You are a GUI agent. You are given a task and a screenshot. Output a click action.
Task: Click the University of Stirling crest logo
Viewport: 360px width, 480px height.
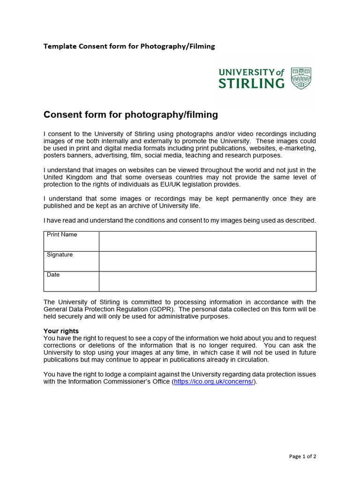coord(301,78)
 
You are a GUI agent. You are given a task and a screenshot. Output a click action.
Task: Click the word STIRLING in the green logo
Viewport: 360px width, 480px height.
coord(252,83)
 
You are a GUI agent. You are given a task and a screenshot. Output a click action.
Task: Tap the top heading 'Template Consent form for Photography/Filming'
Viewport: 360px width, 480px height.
coord(129,46)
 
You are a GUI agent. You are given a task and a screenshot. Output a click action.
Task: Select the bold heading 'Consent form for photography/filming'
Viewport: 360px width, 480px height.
coord(131,114)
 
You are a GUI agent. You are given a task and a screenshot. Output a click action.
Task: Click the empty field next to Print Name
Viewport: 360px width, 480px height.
coord(207,241)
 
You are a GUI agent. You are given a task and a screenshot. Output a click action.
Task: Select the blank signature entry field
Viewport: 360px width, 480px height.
coord(207,261)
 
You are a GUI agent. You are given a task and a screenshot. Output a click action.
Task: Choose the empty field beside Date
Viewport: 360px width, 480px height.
coord(207,281)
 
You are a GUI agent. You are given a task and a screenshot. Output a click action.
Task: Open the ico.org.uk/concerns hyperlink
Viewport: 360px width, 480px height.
coord(214,382)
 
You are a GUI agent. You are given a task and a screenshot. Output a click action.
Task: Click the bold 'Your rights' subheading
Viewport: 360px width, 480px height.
coord(61,331)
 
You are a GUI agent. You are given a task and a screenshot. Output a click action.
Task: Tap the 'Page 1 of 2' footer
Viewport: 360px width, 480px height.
coord(303,457)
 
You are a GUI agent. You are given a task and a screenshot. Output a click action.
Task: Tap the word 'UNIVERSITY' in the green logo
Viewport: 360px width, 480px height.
coord(247,72)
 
